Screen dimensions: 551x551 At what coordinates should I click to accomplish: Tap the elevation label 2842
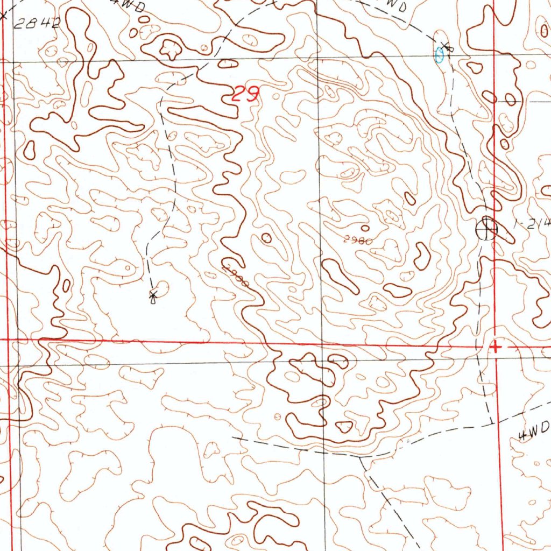pyautogui.click(x=37, y=23)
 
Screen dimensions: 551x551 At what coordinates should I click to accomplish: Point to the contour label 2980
pyautogui.click(x=358, y=241)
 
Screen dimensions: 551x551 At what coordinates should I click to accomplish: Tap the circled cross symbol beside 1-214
pyautogui.click(x=486, y=229)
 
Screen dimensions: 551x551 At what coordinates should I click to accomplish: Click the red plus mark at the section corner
pyautogui.click(x=496, y=347)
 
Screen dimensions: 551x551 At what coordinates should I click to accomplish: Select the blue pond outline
pyautogui.click(x=440, y=54)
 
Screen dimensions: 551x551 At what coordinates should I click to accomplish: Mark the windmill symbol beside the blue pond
pyautogui.click(x=446, y=47)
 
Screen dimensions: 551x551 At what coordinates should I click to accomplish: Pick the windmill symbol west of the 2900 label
pyautogui.click(x=153, y=294)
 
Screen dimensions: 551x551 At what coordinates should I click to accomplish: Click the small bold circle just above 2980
pyautogui.click(x=365, y=228)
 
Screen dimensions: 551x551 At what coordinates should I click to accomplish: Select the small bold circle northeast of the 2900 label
pyautogui.click(x=266, y=237)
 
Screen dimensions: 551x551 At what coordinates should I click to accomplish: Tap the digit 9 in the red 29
pyautogui.click(x=252, y=96)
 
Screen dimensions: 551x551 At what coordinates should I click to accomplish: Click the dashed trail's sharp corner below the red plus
pyautogui.click(x=492, y=423)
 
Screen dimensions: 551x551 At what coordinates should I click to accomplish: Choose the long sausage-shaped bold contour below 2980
pyautogui.click(x=340, y=276)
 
